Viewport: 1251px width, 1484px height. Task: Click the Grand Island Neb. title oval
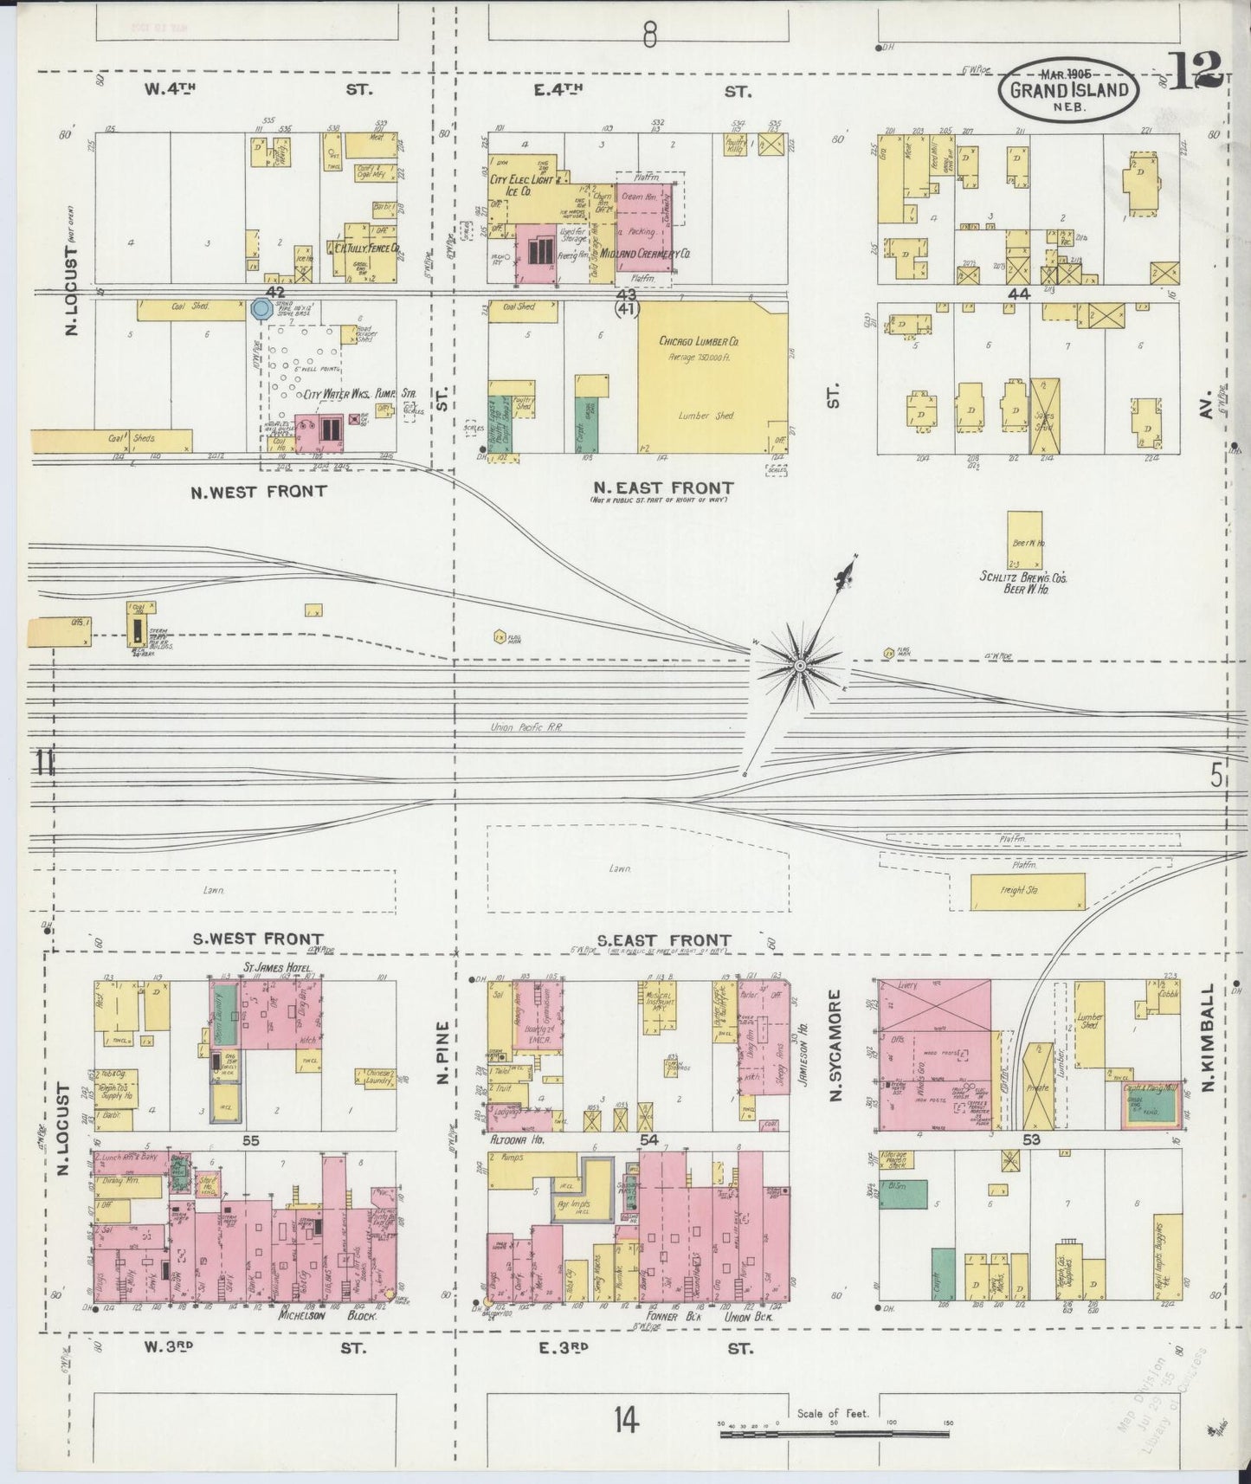click(x=1069, y=89)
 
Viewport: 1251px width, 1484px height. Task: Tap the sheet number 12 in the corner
click(x=1196, y=70)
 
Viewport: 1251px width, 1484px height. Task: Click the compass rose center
click(x=801, y=665)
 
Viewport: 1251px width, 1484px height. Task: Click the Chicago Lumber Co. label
click(x=699, y=341)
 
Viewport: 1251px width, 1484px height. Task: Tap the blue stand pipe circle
click(x=260, y=308)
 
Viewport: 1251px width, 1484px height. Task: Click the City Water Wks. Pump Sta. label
click(x=360, y=394)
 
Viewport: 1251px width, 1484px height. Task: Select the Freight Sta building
click(x=1027, y=890)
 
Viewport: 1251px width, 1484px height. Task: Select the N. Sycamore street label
click(x=835, y=1047)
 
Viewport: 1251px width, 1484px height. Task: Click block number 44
click(x=1018, y=294)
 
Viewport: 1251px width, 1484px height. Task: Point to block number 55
click(x=251, y=1141)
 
